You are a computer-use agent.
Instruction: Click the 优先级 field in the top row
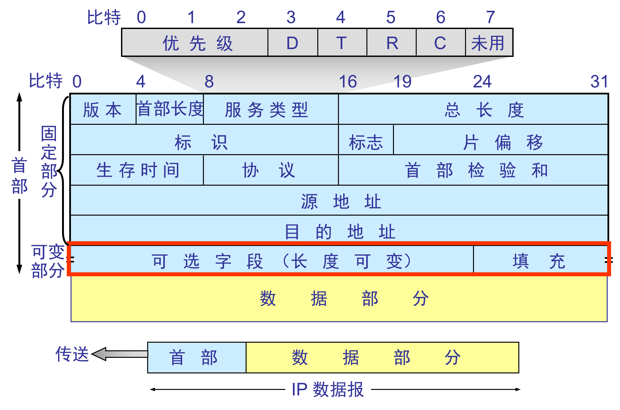pyautogui.click(x=195, y=43)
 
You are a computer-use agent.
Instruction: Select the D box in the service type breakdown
pyautogui.click(x=293, y=43)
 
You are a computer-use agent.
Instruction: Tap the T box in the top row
pyautogui.click(x=342, y=43)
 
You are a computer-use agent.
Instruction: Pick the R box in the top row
pyautogui.click(x=391, y=43)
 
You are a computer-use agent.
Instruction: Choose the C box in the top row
pyautogui.click(x=441, y=43)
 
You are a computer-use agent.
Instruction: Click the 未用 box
pyautogui.click(x=488, y=43)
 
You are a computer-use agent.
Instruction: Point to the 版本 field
pyautogui.click(x=103, y=109)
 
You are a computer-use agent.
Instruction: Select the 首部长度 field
pyautogui.click(x=170, y=109)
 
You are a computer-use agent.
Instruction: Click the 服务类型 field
pyautogui.click(x=271, y=109)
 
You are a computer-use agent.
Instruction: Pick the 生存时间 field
pyautogui.click(x=137, y=170)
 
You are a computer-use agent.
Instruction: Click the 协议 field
pyautogui.click(x=271, y=170)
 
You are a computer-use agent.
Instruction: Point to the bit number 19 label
pyautogui.click(x=402, y=81)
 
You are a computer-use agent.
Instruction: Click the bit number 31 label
pyautogui.click(x=599, y=81)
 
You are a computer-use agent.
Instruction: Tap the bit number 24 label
pyautogui.click(x=482, y=81)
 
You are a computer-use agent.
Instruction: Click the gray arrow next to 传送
pyautogui.click(x=120, y=354)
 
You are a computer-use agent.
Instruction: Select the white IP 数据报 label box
pyautogui.click(x=328, y=389)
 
